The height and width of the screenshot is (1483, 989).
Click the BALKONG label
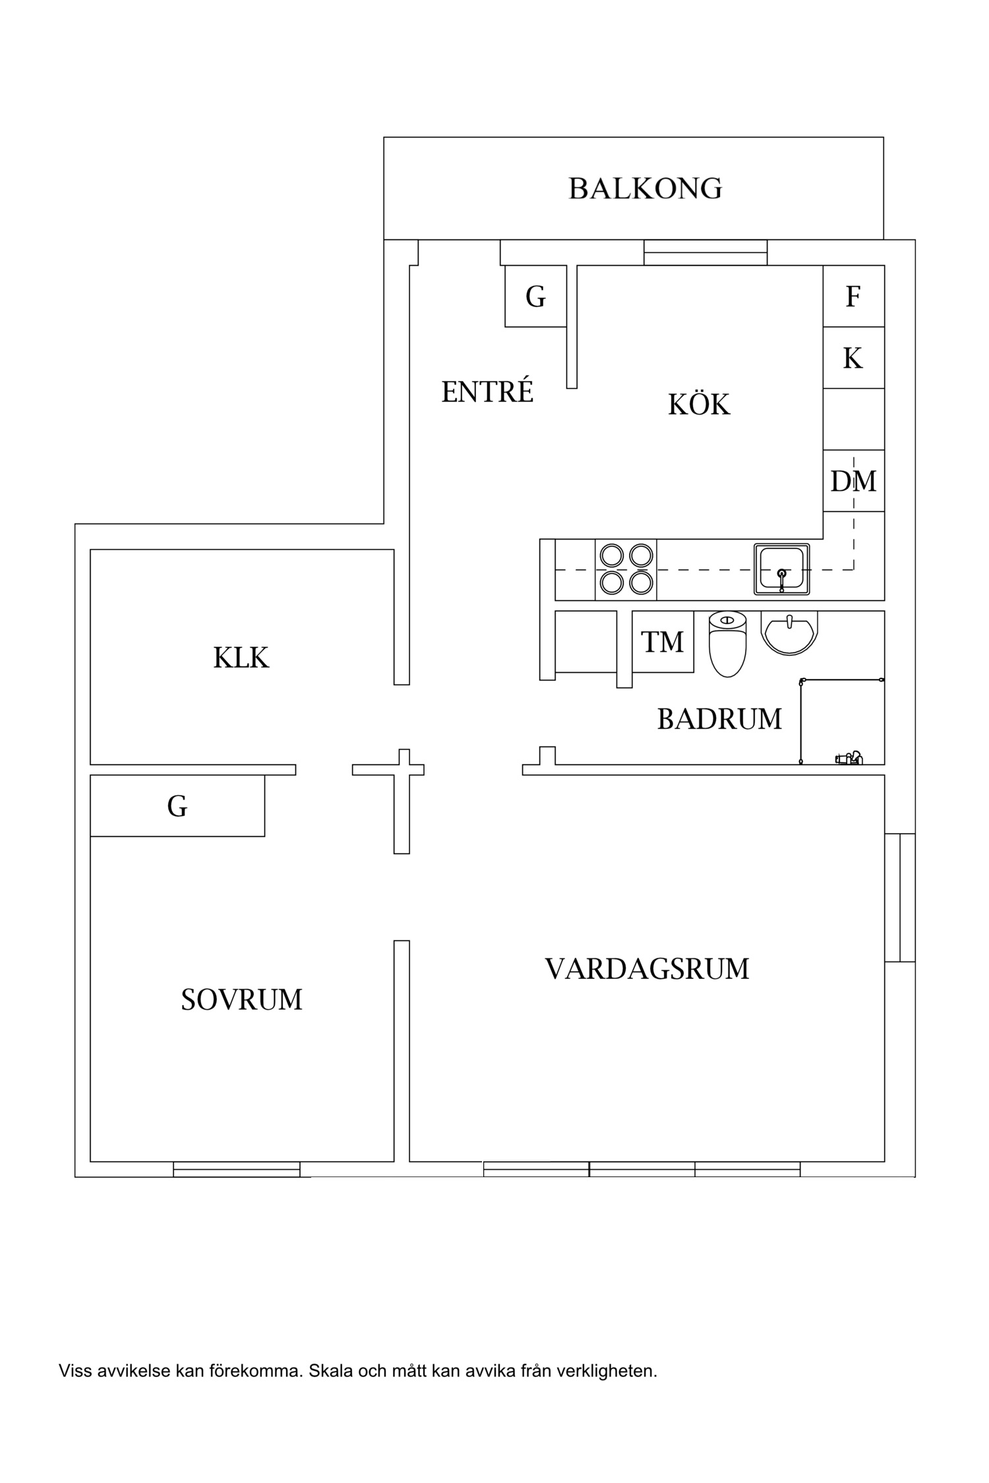pos(645,189)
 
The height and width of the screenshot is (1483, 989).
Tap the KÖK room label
pos(699,405)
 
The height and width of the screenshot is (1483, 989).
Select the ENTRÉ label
pos(487,393)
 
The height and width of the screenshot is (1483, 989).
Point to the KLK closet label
pos(241,658)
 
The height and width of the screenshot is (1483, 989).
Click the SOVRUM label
pos(241,1000)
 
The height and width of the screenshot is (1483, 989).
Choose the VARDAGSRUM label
pos(647,969)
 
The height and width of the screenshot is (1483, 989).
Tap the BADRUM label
pos(719,719)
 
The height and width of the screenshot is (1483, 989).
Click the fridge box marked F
pos(853,297)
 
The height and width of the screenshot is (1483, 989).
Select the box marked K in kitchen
pos(853,359)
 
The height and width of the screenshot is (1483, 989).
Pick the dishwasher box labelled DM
pos(853,481)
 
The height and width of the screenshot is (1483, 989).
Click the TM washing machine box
pos(663,642)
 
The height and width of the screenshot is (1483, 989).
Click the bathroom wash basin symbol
pos(789,632)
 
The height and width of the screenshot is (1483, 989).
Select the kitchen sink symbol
pos(782,569)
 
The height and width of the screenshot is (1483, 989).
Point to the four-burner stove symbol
pos(626,569)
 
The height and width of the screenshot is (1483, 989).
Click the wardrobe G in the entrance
pos(535,297)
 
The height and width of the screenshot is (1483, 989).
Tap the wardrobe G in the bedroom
pos(177,806)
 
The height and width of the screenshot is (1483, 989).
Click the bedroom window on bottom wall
pos(237,1169)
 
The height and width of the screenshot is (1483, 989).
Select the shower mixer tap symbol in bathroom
pos(849,758)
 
